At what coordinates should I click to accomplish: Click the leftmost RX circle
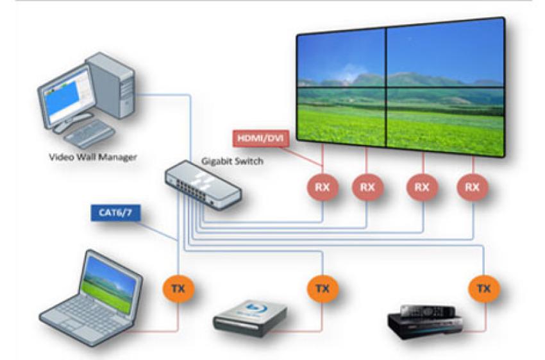pos(322,187)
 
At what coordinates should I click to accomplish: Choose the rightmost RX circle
pos(473,187)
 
